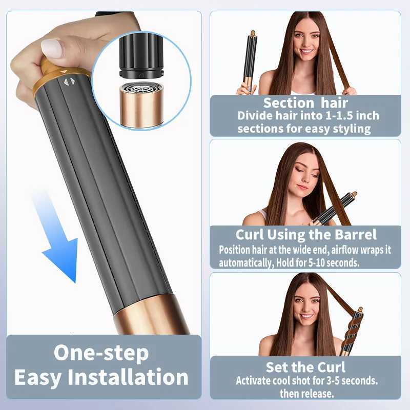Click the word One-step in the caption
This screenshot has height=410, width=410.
[101, 353]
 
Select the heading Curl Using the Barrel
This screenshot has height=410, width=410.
[306, 235]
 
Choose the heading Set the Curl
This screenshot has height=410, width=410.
[305, 367]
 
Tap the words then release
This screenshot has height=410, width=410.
[306, 394]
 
